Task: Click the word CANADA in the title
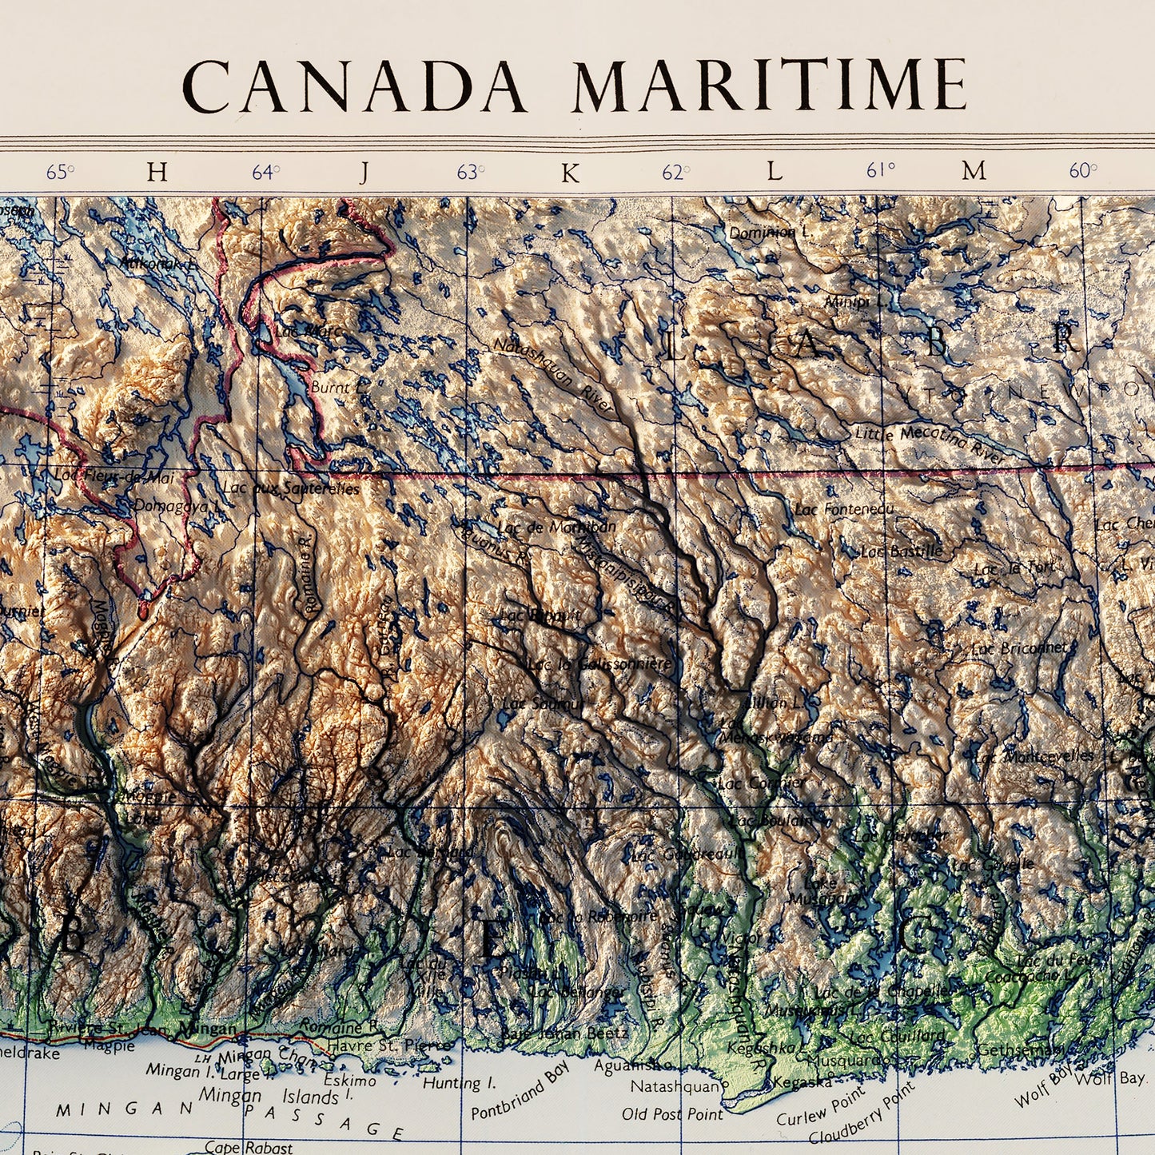pos(354,86)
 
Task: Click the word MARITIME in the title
pos(769,86)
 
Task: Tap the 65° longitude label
pos(60,172)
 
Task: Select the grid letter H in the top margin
pos(157,172)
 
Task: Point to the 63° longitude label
pos(471,172)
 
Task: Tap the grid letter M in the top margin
pos(974,171)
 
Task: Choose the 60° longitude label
pos(1083,171)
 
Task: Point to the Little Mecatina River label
pos(930,444)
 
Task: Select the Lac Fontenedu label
pos(844,508)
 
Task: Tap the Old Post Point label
pos(672,1113)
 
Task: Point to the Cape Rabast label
pos(249,1147)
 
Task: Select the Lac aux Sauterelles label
pos(291,488)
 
